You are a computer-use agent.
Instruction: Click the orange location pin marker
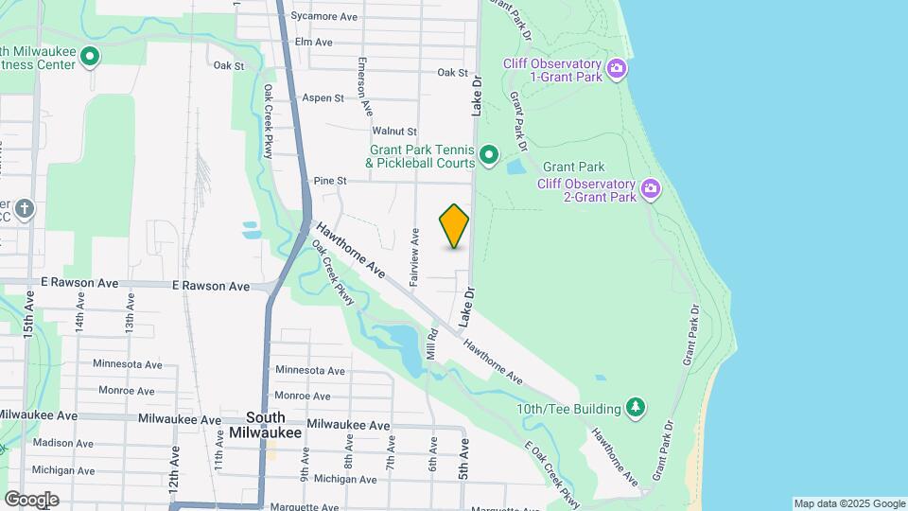pyautogui.click(x=455, y=225)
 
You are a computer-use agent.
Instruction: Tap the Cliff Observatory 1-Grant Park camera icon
pyautogui.click(x=617, y=67)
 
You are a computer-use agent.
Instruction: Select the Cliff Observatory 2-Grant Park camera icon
pyautogui.click(x=650, y=188)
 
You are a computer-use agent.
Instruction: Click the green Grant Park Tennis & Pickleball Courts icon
pyautogui.click(x=489, y=154)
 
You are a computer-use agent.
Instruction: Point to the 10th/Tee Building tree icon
pyautogui.click(x=637, y=408)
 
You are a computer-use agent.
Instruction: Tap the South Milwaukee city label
pyautogui.click(x=265, y=425)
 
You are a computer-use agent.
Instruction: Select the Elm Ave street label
pyautogui.click(x=314, y=43)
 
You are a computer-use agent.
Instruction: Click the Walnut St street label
pyautogui.click(x=394, y=131)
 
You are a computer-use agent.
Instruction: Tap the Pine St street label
pyautogui.click(x=330, y=180)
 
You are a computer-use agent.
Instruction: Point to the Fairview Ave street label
pyautogui.click(x=414, y=257)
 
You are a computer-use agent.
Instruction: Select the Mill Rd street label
pyautogui.click(x=431, y=344)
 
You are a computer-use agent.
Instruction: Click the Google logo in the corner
pyautogui.click(x=31, y=499)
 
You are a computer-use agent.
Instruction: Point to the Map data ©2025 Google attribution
pyautogui.click(x=849, y=503)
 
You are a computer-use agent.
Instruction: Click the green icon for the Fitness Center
pyautogui.click(x=90, y=57)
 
